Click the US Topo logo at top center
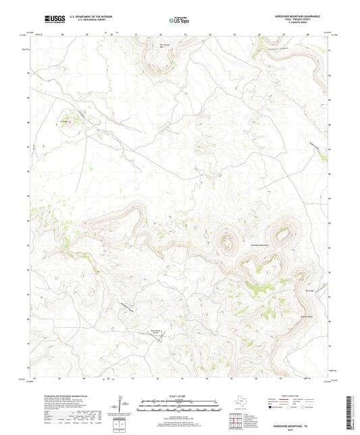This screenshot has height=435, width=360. click(179, 20)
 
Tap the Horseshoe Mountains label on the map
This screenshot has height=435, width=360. click(259, 245)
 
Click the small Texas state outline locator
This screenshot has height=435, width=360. click(240, 400)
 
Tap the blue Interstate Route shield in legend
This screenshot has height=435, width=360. click(272, 408)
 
